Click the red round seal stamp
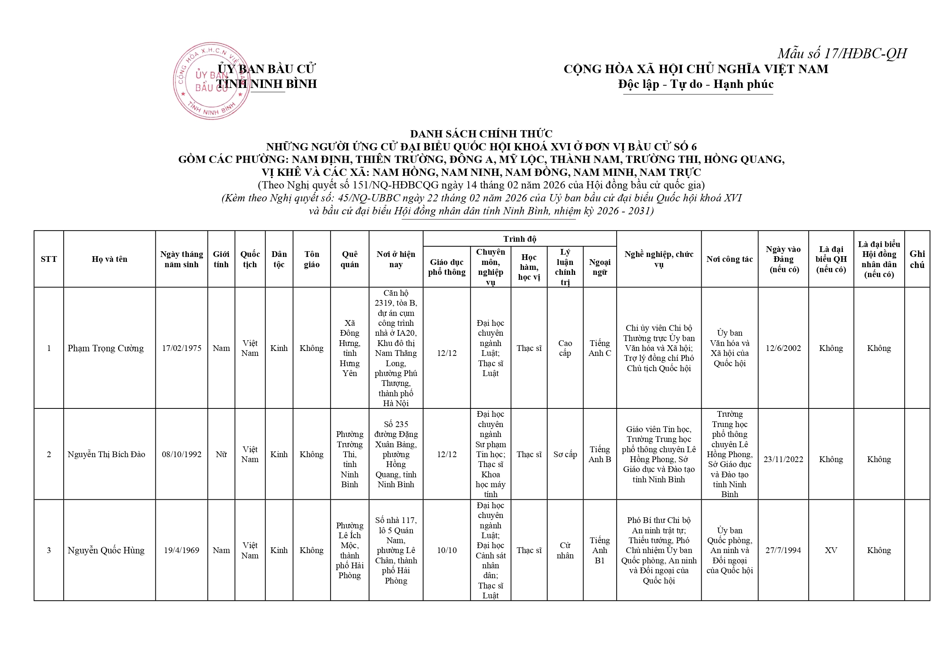tap(211, 81)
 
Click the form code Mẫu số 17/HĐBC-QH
tap(842, 53)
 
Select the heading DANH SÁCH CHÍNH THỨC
tap(481, 134)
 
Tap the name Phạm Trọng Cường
tap(106, 348)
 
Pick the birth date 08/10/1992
tap(182, 454)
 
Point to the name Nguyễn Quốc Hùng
tap(106, 550)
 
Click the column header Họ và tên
tap(109, 259)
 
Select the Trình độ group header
tap(520, 239)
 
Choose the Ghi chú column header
tap(917, 259)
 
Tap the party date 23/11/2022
tap(783, 459)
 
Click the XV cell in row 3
tap(831, 550)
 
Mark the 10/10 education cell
tap(446, 550)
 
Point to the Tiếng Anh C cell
tap(600, 348)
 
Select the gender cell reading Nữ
tap(221, 454)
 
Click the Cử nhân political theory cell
tap(565, 550)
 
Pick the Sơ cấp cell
tap(565, 454)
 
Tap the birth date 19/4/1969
tap(182, 550)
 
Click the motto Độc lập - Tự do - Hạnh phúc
tap(696, 84)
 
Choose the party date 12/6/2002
tap(783, 348)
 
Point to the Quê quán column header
tap(349, 259)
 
